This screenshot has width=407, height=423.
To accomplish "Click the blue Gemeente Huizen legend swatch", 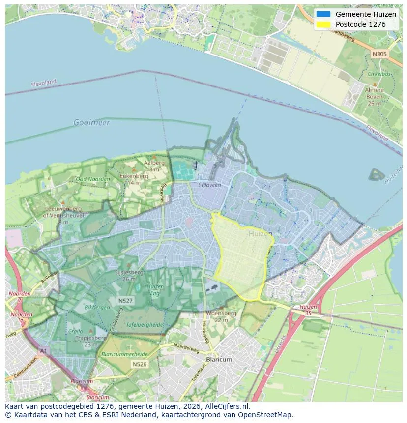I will pyautogui.click(x=323, y=14).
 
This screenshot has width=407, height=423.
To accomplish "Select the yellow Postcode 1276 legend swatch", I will pyautogui.click(x=323, y=24).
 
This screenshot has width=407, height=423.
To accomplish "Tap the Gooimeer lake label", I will pyautogui.click(x=91, y=122).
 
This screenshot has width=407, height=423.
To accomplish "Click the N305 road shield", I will pyautogui.click(x=379, y=54).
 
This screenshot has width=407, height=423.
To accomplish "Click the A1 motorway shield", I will pyautogui.click(x=43, y=351).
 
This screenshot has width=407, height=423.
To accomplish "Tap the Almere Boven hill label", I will pyautogui.click(x=374, y=97).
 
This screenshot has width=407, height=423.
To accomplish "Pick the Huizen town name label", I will pyautogui.click(x=260, y=234).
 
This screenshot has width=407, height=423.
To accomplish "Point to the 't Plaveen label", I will pyautogui.click(x=209, y=185).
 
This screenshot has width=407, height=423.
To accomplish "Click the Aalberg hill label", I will pyautogui.click(x=154, y=163).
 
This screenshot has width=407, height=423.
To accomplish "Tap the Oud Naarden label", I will pyautogui.click(x=93, y=179).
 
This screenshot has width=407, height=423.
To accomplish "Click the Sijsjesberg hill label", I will pyautogui.click(x=129, y=272).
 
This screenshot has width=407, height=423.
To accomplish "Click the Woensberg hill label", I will pyautogui.click(x=221, y=313).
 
